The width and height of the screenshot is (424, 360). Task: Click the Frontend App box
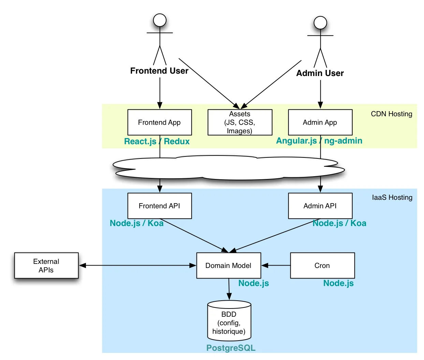pos(159,122)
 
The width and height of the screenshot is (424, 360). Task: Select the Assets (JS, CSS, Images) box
pos(240,122)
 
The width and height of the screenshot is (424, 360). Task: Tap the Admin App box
pos(320,122)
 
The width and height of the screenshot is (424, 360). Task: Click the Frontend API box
pos(159,206)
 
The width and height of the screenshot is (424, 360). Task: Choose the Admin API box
pos(320,206)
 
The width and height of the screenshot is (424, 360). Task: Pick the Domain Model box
pos(229,266)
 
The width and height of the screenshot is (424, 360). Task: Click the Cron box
pos(322,266)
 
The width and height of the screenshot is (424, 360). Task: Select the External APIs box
pos(46,266)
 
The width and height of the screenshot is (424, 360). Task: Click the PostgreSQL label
pos(231,348)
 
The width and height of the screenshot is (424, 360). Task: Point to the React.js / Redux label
pos(157,141)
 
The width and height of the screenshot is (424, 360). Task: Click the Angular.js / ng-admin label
pos(319,141)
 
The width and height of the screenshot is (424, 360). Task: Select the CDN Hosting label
pos(391,114)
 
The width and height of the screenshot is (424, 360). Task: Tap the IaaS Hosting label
pos(392,197)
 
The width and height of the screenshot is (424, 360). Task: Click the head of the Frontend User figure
pos(160,20)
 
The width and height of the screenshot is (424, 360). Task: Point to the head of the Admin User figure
pos(320,23)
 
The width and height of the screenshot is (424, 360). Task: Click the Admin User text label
pos(320,73)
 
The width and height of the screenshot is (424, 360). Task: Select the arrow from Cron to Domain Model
pos(276,266)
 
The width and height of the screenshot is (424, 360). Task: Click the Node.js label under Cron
pos(338,283)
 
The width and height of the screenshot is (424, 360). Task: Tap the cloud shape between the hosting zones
pos(229,168)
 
